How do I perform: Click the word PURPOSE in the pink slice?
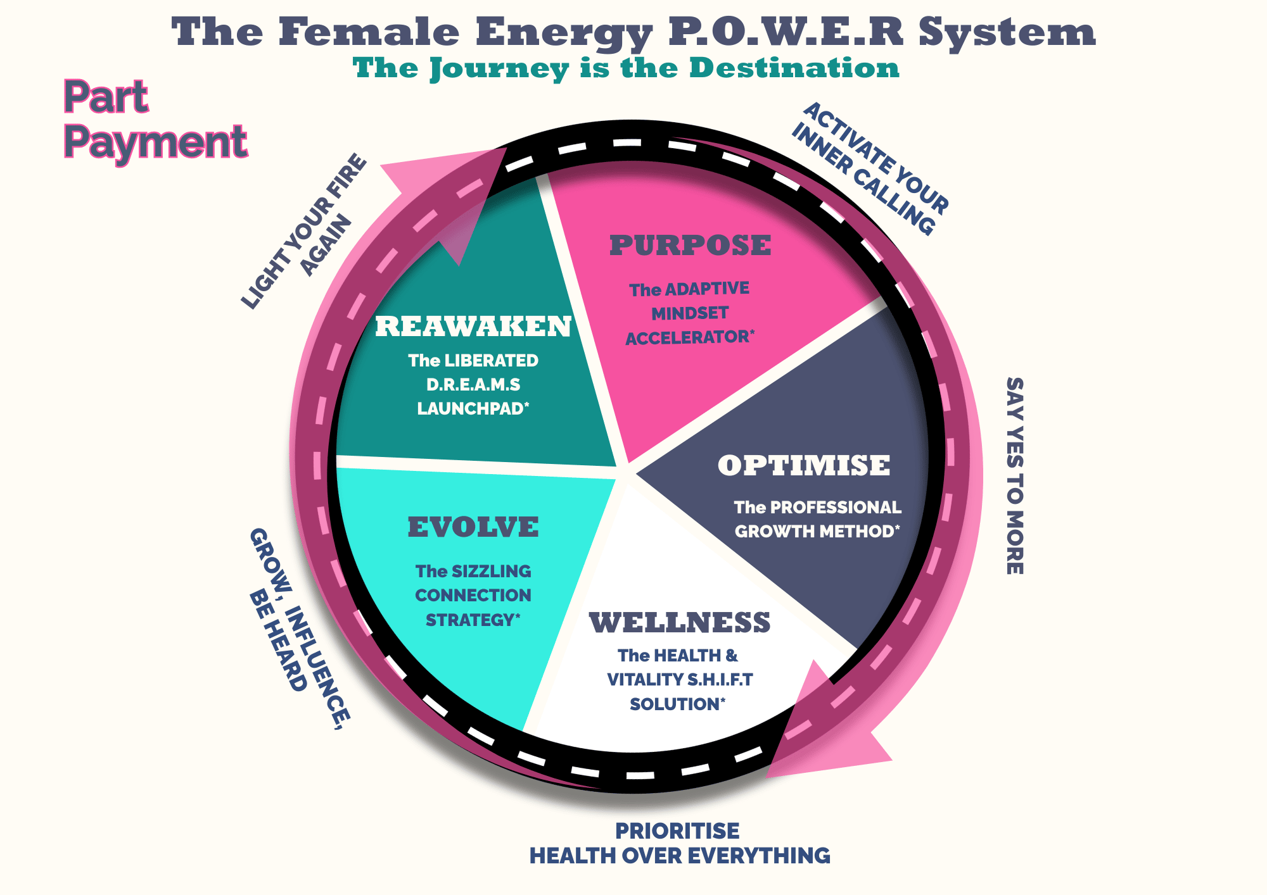click(x=690, y=246)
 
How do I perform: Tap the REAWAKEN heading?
click(x=473, y=327)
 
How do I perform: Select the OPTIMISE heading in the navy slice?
click(x=804, y=466)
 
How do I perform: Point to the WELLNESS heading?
click(x=680, y=623)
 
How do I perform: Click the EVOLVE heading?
click(x=473, y=527)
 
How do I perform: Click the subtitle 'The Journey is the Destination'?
click(x=626, y=68)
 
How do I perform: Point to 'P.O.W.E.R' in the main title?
click(x=786, y=32)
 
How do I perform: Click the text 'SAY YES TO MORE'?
click(x=1015, y=476)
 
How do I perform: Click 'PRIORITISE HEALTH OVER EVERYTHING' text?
click(x=679, y=843)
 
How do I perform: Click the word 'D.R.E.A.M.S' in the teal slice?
click(x=473, y=385)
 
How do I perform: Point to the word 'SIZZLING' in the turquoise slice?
click(x=492, y=572)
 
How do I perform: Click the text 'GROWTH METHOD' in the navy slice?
click(x=815, y=531)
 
